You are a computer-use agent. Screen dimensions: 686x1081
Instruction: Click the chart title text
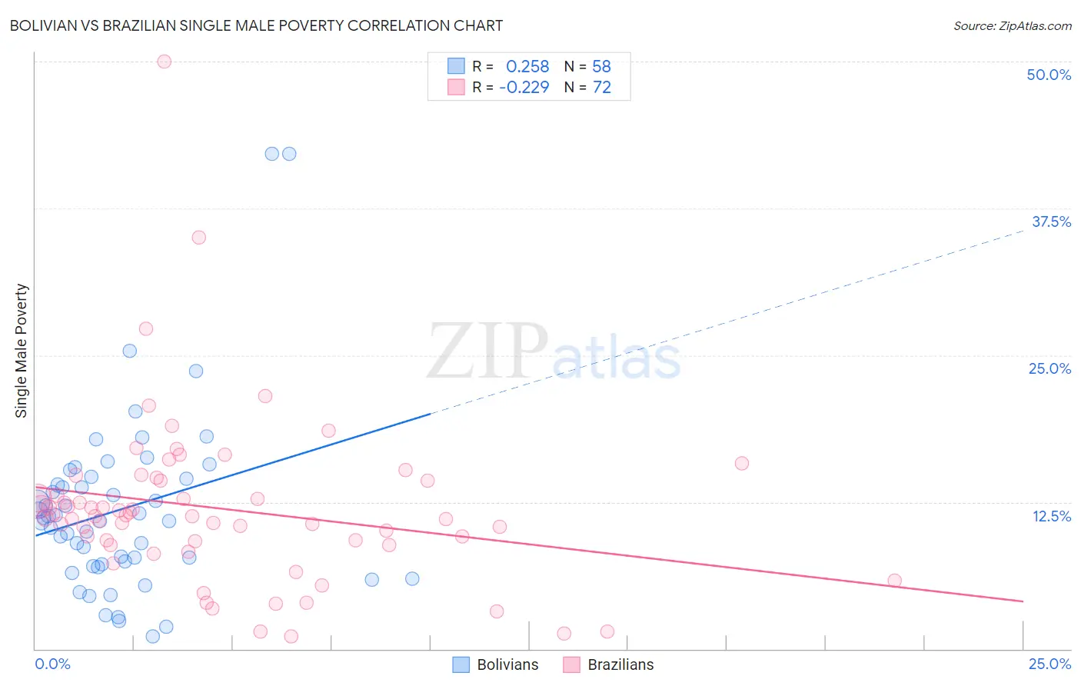point(256,25)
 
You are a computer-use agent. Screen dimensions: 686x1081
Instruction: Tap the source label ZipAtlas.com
point(1012,25)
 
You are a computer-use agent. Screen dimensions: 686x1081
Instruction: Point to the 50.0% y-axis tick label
point(1049,75)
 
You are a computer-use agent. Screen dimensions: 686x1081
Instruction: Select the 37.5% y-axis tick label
point(1051,221)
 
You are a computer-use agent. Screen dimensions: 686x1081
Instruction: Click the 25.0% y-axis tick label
point(1049,368)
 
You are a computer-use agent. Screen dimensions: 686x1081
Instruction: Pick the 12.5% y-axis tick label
point(1051,516)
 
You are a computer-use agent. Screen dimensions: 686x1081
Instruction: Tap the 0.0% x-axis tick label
point(52,664)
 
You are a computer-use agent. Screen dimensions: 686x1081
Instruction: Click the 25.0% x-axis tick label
point(1049,664)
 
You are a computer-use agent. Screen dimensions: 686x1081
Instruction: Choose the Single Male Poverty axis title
point(22,351)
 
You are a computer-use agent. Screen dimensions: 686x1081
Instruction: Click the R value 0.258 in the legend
point(527,66)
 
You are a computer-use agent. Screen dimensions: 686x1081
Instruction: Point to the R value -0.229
point(524,87)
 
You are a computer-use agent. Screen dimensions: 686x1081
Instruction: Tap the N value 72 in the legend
point(602,87)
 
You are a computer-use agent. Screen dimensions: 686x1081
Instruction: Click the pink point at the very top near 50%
point(164,62)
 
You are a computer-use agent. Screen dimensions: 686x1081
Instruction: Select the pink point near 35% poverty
point(198,237)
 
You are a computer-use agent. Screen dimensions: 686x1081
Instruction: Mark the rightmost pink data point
point(894,581)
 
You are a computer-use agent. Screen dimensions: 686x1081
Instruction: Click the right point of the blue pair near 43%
point(289,154)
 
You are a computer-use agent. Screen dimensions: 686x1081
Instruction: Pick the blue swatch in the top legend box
point(457,66)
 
